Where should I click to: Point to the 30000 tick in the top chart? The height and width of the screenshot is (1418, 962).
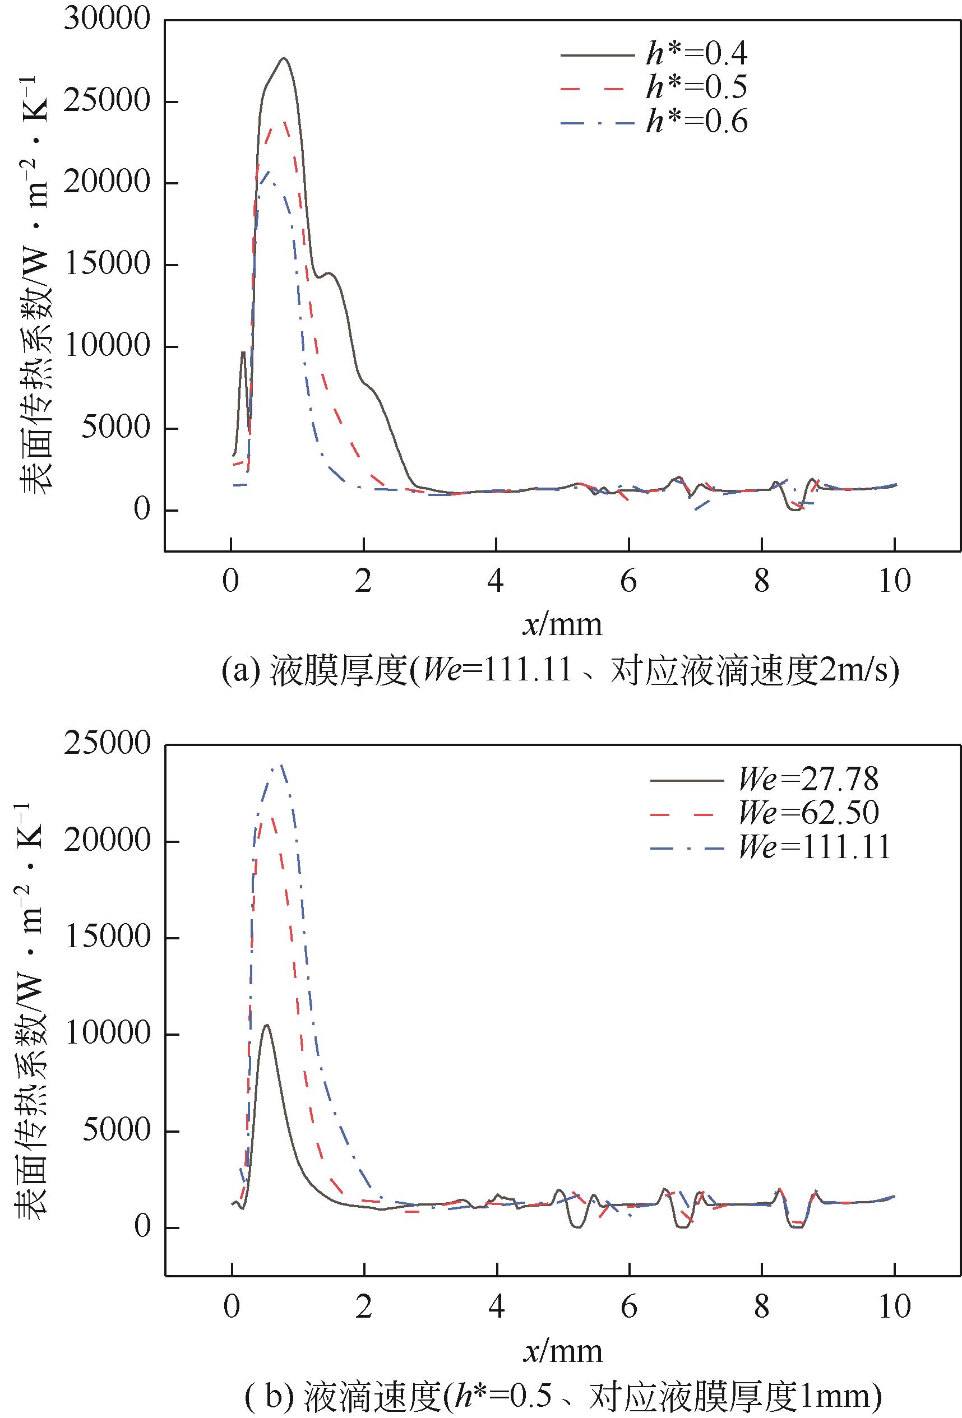pos(108,19)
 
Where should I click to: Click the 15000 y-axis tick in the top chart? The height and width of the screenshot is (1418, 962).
pos(108,264)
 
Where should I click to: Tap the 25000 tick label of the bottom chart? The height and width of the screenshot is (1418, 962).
pos(108,743)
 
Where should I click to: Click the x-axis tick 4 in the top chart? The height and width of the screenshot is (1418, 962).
pos(496,580)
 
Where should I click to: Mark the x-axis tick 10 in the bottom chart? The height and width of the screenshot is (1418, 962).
pos(894,1306)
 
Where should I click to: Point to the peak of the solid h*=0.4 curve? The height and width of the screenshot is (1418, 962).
pos(284,59)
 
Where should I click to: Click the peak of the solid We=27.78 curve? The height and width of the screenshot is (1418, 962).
pos(267,1025)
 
